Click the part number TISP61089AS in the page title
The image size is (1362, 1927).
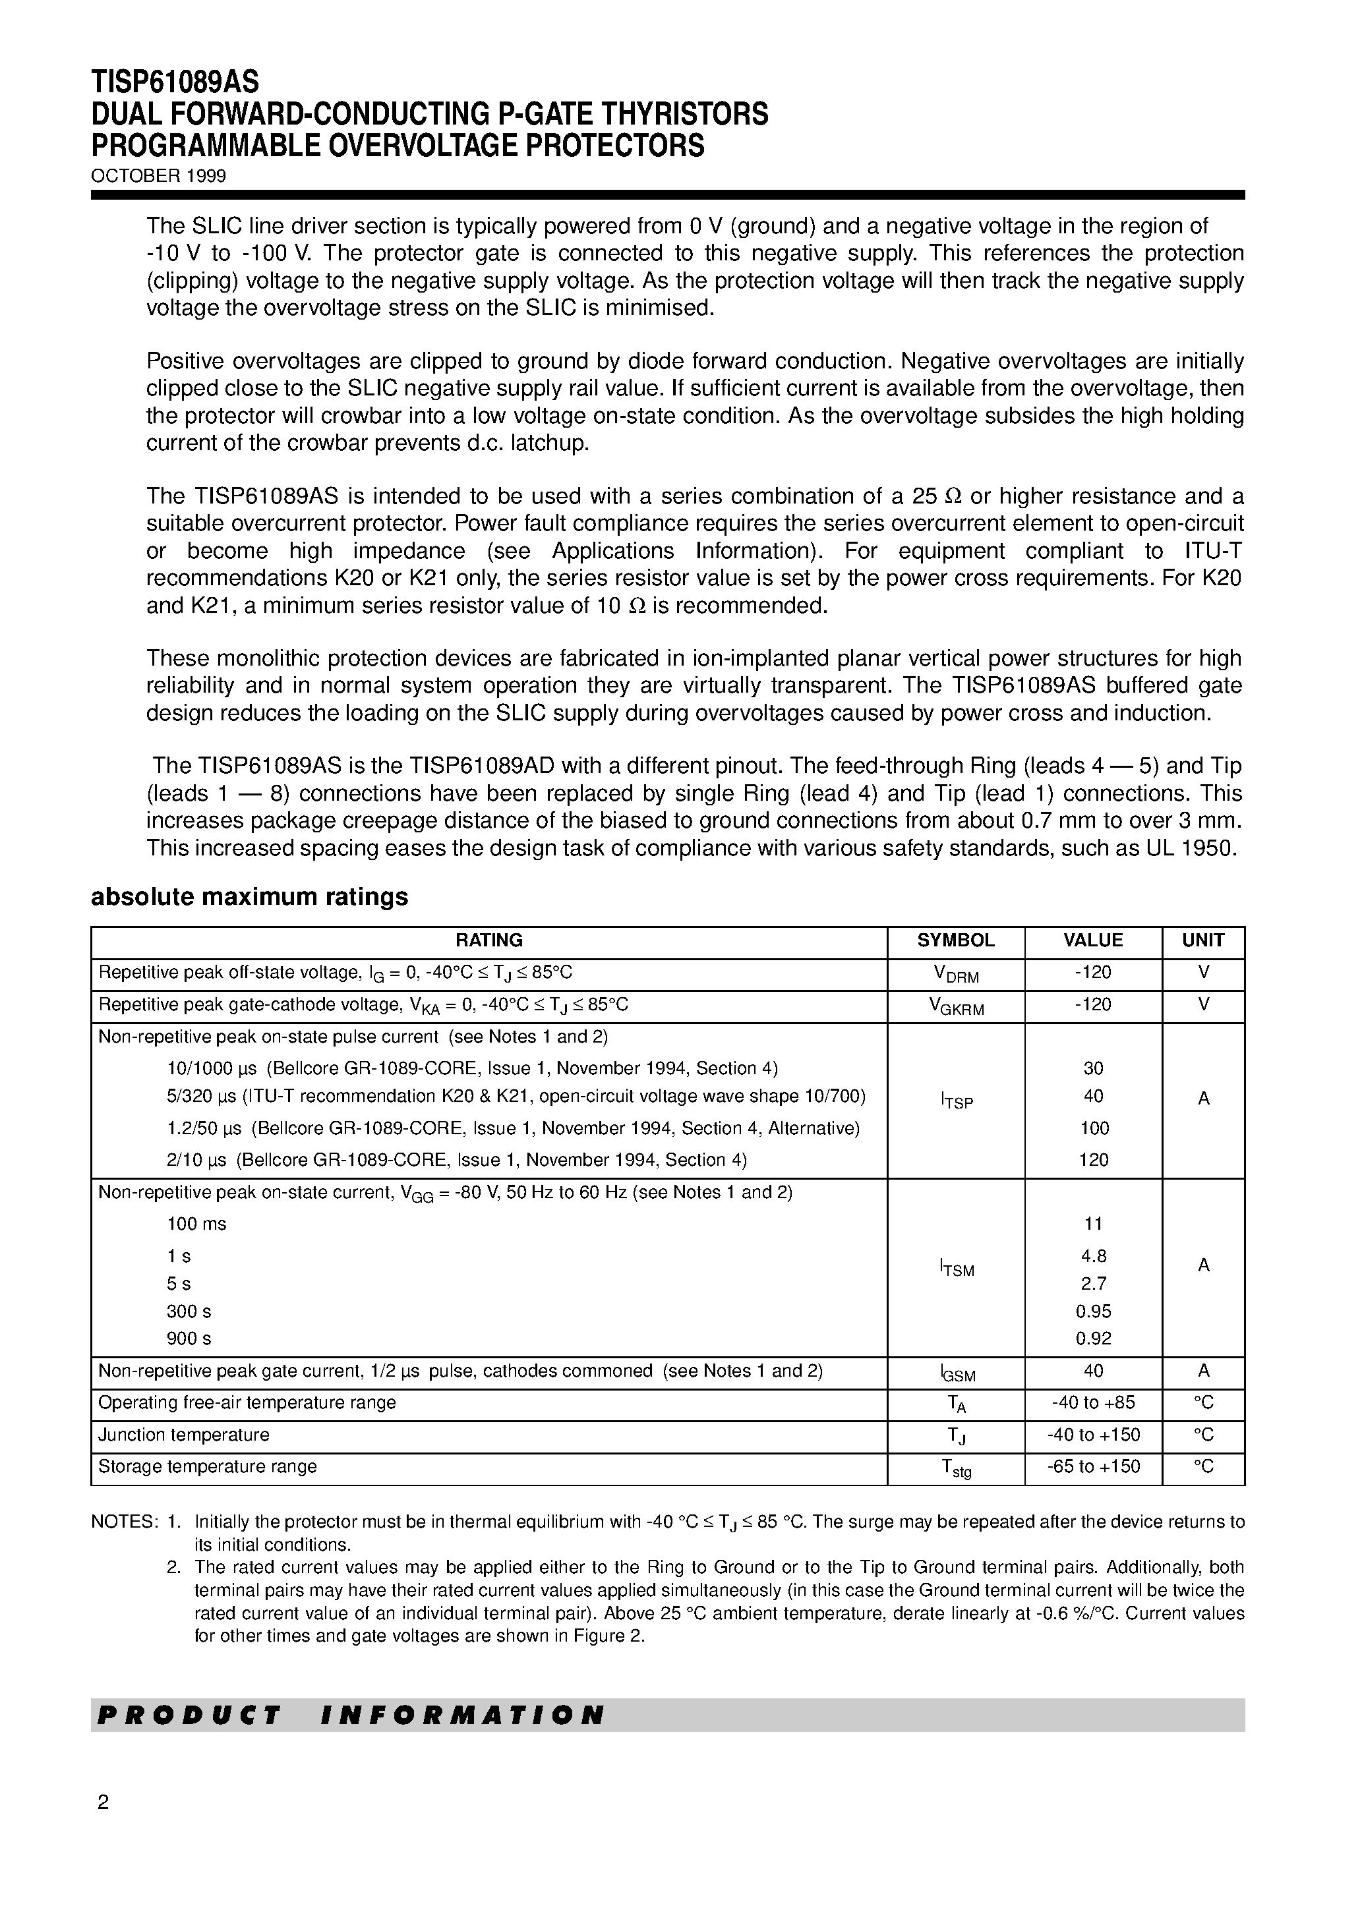[x=175, y=82]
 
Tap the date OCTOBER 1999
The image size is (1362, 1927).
[x=159, y=176]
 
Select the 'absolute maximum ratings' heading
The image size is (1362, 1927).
[x=249, y=897]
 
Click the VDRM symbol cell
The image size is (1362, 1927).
[x=956, y=973]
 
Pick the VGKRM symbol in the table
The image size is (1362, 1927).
[x=956, y=1006]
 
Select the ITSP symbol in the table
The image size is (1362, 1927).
[x=957, y=1101]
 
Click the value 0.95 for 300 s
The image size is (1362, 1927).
[x=1093, y=1311]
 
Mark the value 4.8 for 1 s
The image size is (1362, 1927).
[x=1093, y=1256]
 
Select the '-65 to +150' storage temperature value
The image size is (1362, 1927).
[x=1093, y=1466]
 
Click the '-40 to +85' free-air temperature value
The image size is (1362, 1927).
[x=1093, y=1402]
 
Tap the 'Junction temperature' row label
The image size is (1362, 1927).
[x=184, y=1434]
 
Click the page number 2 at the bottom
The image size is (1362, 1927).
[x=104, y=1802]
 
